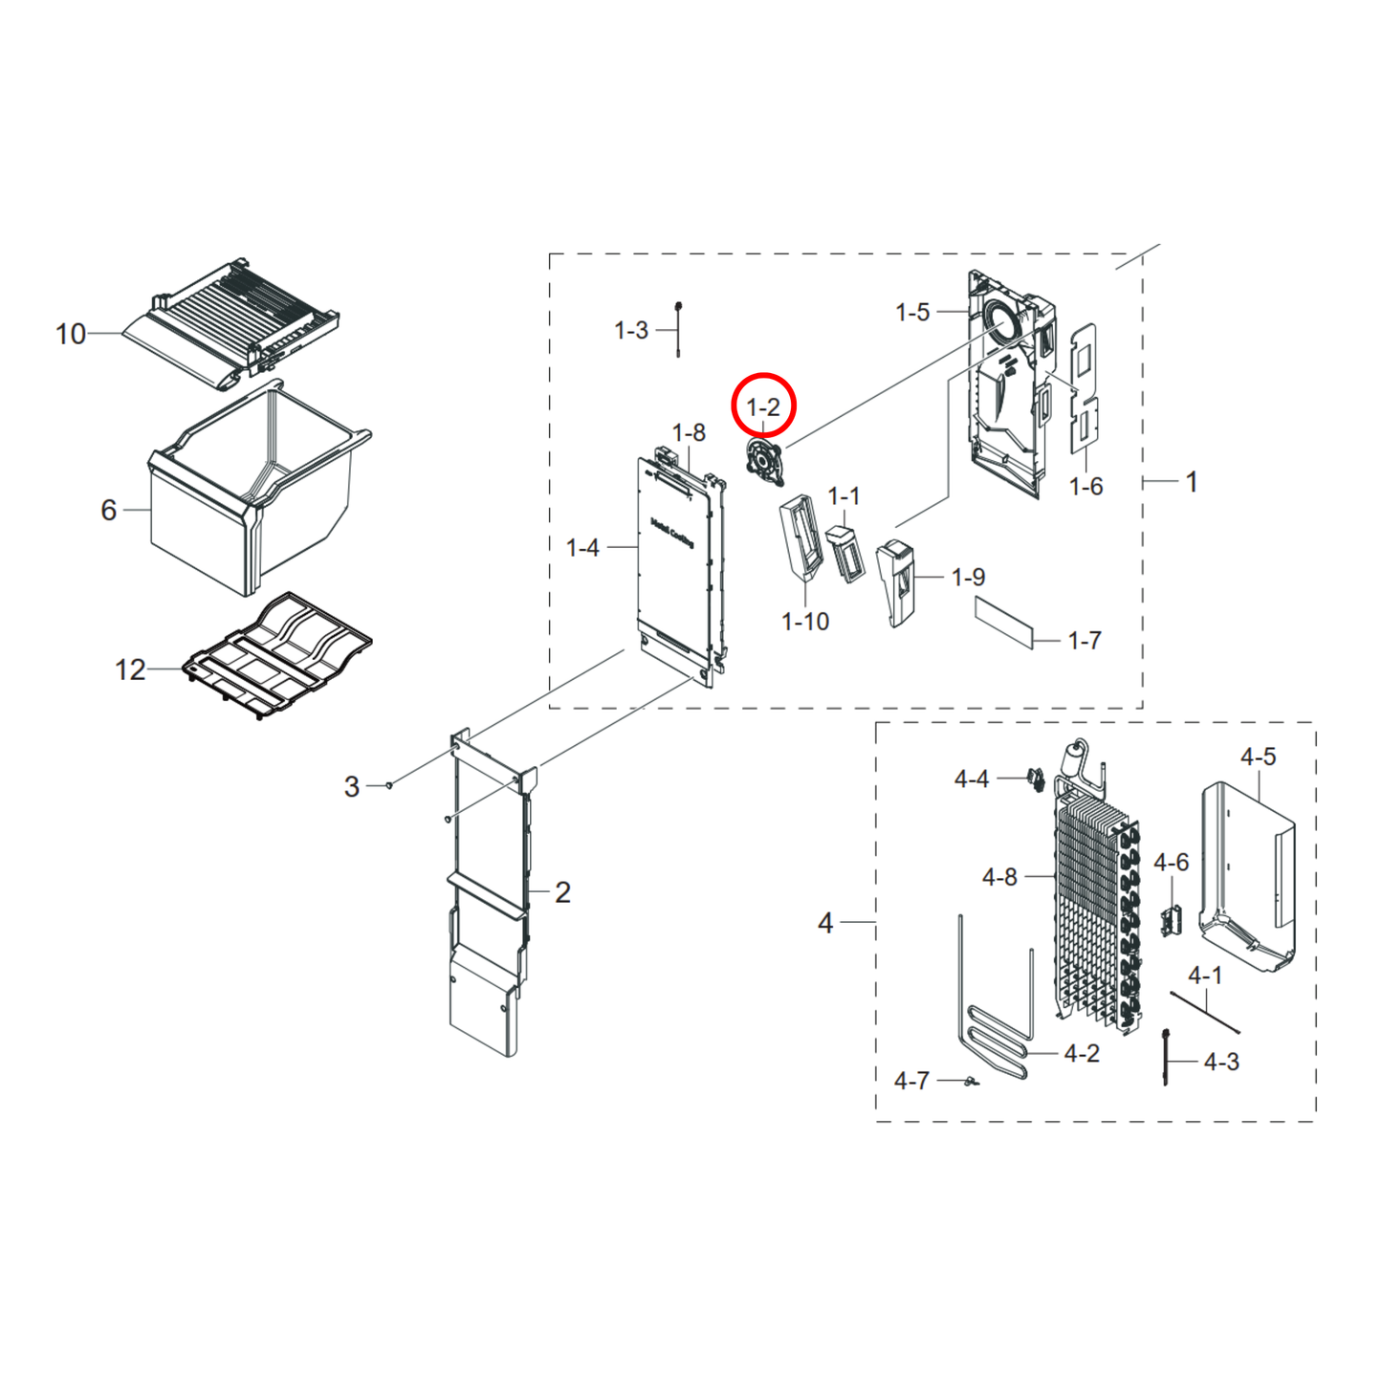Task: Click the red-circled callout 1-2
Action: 763,407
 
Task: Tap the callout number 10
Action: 71,334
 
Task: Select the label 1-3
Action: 631,331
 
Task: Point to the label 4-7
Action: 911,1081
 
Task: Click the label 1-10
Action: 805,622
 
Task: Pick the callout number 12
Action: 130,669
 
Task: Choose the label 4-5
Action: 1259,757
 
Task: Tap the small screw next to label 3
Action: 388,785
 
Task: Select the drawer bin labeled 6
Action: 251,494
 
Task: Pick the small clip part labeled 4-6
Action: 1172,920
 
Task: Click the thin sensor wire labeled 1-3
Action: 678,329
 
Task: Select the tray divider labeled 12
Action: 276,655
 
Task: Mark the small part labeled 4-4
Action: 1036,779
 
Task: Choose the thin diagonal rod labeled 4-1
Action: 1205,1013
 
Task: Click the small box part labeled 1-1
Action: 845,555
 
